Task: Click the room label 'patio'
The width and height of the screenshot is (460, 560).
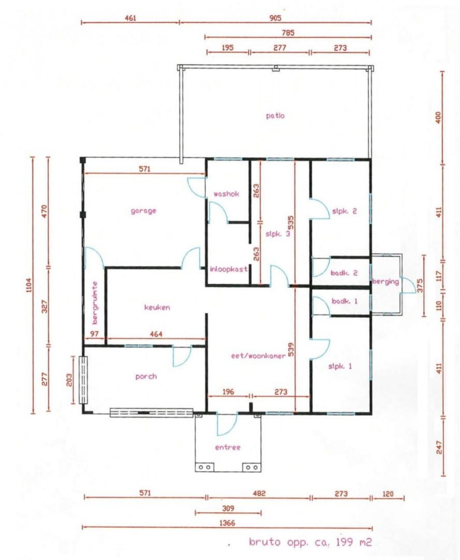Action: point(275,116)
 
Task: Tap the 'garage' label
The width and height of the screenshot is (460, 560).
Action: point(143,211)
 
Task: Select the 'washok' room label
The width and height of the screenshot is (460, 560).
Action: point(226,194)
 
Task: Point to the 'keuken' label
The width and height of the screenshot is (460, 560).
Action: point(157,307)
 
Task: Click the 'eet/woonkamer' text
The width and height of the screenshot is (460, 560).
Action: point(258,356)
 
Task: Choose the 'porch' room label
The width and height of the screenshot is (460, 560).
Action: point(146,377)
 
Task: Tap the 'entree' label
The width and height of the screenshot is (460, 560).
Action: point(228,447)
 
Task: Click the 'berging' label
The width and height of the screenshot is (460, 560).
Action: point(385,282)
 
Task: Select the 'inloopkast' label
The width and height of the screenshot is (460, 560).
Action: point(229,269)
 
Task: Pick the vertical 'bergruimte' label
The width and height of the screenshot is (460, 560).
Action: point(95,303)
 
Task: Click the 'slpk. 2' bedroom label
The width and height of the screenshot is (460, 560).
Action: point(344,211)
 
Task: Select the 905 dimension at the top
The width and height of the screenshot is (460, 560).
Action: point(275,18)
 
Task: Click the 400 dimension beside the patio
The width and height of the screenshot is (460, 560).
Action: point(438,118)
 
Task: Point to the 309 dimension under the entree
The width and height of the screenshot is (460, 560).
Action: point(228,508)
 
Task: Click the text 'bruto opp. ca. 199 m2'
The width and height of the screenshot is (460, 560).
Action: point(310,542)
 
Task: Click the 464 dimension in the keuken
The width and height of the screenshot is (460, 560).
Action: point(156,334)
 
